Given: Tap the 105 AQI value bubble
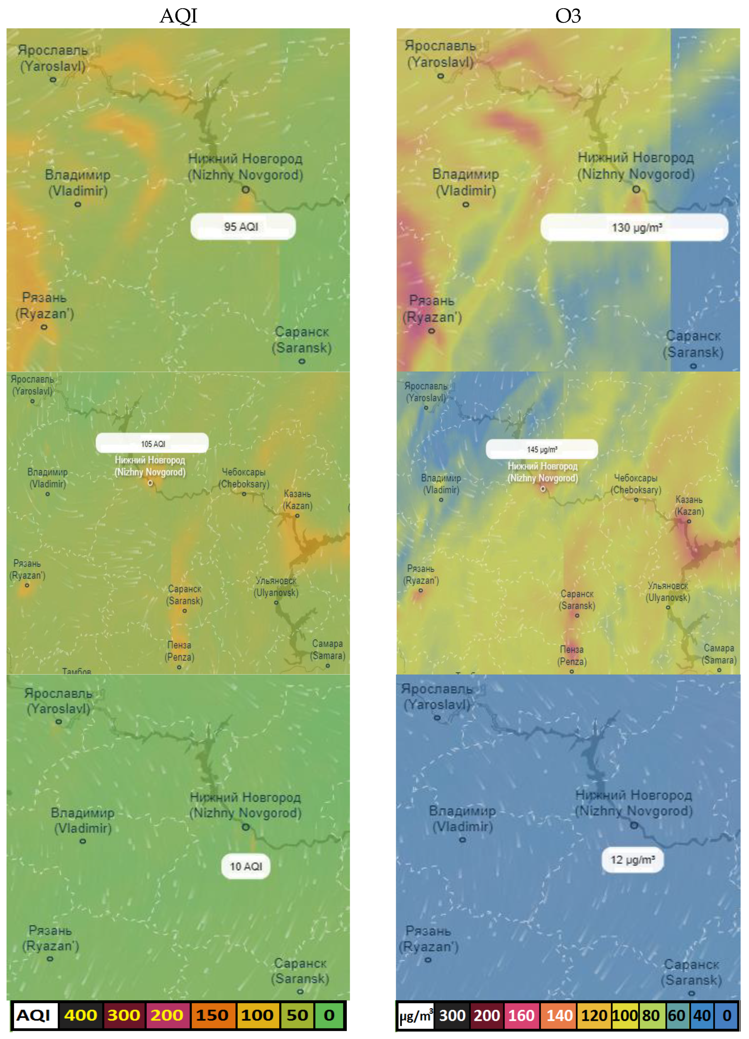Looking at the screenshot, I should (152, 443).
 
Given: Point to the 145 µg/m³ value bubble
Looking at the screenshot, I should (542, 449).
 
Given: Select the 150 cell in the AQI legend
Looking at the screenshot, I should (212, 1015).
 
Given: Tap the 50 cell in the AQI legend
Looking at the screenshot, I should (297, 1015).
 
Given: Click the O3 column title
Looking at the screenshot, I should (568, 16).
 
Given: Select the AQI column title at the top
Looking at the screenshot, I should (178, 16).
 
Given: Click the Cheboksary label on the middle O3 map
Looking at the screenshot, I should (636, 484).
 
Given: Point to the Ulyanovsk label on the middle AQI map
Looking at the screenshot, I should (276, 586).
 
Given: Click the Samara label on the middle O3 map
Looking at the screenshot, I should (719, 654).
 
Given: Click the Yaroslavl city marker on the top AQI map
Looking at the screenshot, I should (53, 80).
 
